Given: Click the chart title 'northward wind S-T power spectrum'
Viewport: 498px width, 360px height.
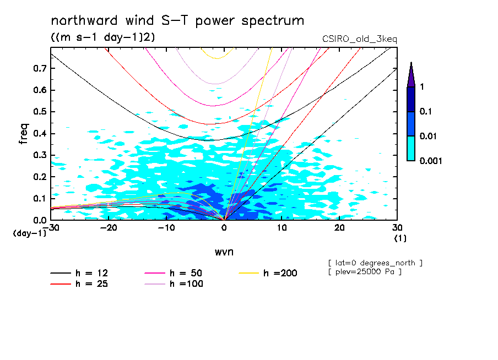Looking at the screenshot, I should pos(177,21).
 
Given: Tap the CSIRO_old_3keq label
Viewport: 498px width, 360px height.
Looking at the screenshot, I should pos(359,39).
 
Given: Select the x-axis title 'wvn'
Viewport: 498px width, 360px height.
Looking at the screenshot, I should pos(223,252).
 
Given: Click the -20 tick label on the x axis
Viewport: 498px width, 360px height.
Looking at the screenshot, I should pos(109,227).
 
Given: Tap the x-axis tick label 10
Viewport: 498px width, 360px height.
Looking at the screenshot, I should pos(282,227).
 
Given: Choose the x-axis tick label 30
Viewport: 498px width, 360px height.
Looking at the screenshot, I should pos(397,227).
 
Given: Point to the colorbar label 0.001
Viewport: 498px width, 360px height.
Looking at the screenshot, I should pos(430,161).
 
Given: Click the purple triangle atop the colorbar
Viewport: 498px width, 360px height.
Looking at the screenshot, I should pos(411,75).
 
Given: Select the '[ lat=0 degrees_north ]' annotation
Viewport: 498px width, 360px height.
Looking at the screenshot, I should pos(375,263).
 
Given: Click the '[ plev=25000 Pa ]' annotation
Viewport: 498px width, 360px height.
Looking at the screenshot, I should pos(364,272).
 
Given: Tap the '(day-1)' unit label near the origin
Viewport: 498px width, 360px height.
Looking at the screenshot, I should pos(30,233).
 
